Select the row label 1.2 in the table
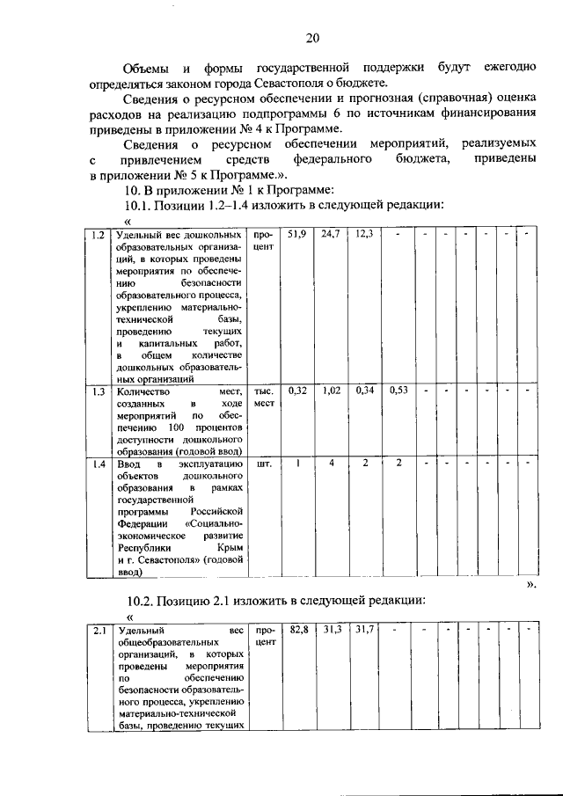point(99,236)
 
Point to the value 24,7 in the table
point(332,235)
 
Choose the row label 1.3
point(99,391)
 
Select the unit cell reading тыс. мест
point(265,398)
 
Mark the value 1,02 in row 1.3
point(332,391)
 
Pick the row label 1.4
point(99,463)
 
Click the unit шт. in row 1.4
point(262,463)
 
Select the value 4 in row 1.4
point(332,463)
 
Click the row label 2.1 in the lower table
point(99,631)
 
